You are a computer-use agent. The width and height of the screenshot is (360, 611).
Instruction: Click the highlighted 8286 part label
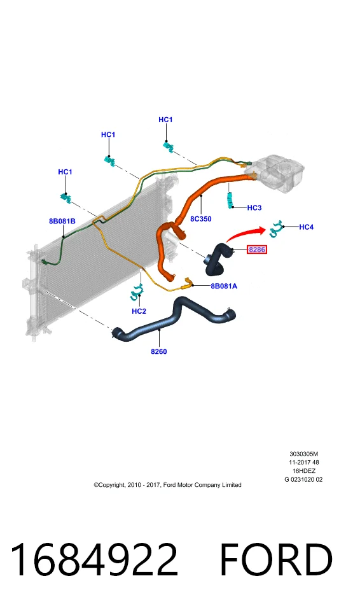(x=257, y=249)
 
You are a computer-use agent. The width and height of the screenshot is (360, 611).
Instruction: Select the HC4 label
(x=306, y=227)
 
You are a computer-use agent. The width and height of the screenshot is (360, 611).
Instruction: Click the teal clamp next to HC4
(x=276, y=229)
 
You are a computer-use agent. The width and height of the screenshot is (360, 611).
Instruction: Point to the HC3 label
(x=254, y=207)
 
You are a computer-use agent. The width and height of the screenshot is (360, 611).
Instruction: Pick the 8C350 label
(x=200, y=219)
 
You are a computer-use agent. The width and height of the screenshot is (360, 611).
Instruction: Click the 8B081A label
(x=224, y=286)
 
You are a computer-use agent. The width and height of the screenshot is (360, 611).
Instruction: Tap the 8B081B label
(x=62, y=221)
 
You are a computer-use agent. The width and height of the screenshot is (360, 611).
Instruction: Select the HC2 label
(x=139, y=311)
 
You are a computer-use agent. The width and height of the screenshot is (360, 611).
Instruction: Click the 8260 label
(x=159, y=351)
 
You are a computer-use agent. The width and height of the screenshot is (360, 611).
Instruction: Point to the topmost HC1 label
(x=165, y=120)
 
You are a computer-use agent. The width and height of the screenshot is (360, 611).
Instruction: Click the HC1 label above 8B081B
(x=65, y=172)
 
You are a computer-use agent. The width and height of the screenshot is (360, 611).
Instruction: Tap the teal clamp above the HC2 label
(x=136, y=292)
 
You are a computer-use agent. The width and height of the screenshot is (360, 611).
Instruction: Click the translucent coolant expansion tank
(x=274, y=173)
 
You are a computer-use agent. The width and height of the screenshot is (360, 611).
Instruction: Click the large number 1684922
(x=94, y=560)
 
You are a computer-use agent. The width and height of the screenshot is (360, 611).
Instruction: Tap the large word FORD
(x=277, y=560)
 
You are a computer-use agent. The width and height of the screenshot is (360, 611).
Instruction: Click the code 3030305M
(x=304, y=454)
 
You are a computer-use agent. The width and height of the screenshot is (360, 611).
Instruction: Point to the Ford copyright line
(x=167, y=485)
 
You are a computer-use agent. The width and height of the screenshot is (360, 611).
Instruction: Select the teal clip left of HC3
(x=231, y=200)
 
